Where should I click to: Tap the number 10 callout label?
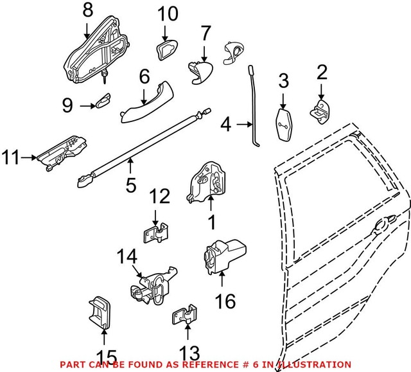[x=166, y=13]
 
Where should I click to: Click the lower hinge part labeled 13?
[x=184, y=317]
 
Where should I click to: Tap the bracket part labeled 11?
[x=62, y=154]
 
